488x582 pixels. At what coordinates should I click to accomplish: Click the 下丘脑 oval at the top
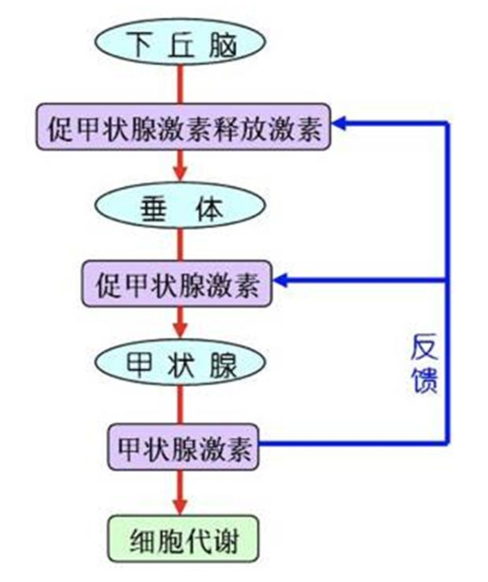point(180,41)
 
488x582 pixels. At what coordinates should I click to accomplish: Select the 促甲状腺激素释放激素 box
point(183,126)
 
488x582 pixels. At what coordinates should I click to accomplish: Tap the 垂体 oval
point(180,206)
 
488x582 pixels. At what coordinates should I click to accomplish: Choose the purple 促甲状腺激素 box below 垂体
point(178,284)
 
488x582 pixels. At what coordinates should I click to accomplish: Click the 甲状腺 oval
point(180,362)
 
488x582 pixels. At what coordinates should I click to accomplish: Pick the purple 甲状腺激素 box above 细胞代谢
point(183,447)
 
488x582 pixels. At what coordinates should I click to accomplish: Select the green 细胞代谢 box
point(183,538)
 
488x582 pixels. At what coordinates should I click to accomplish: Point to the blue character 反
point(424,347)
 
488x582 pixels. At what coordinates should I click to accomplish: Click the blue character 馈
point(425,380)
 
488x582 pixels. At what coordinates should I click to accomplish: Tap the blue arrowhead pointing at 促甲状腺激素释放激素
point(339,123)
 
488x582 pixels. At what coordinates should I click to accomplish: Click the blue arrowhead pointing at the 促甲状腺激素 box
point(281,280)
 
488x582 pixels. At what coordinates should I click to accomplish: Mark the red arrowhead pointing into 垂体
point(180,173)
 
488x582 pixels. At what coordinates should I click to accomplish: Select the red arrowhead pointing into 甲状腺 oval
point(180,329)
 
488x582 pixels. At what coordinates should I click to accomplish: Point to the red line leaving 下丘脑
point(180,84)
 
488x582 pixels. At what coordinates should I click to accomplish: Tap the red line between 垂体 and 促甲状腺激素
point(180,244)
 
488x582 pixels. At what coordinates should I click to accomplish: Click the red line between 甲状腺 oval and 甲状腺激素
point(180,405)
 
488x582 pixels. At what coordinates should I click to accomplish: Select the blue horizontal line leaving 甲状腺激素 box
point(354,443)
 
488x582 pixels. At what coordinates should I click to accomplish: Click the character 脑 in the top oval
point(222,44)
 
